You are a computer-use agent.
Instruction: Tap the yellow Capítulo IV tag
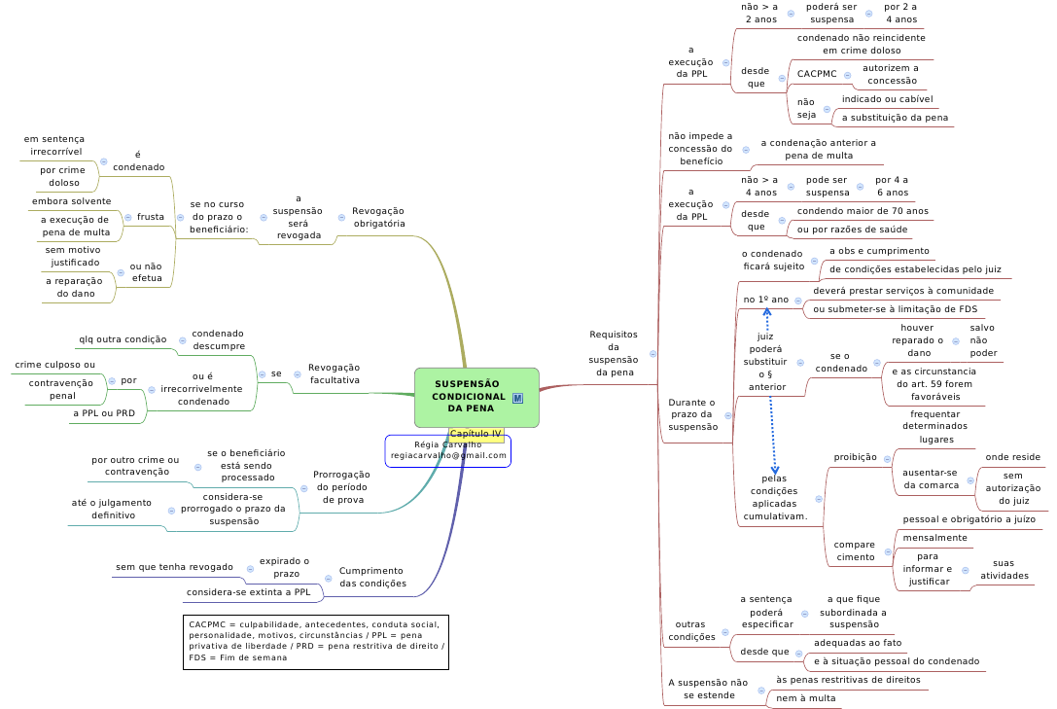click(x=476, y=434)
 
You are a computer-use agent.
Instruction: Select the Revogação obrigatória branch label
click(x=378, y=217)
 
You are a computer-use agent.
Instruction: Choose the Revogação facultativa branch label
click(x=334, y=373)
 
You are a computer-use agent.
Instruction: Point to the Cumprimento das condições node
click(x=372, y=577)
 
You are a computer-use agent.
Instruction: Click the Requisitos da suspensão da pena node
click(x=614, y=353)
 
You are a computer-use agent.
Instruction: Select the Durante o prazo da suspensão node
click(x=692, y=414)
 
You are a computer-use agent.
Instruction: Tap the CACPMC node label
click(x=817, y=74)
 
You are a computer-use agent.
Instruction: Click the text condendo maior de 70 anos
click(x=863, y=211)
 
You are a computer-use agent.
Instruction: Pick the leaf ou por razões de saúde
click(x=852, y=230)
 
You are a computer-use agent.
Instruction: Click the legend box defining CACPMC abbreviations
click(x=316, y=641)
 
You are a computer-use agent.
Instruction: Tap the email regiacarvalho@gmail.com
click(x=448, y=455)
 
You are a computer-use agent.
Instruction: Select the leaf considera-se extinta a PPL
click(x=248, y=591)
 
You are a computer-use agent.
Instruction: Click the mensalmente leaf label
click(x=935, y=538)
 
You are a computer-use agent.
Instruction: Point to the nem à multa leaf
click(x=806, y=698)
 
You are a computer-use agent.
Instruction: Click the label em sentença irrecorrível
click(x=54, y=145)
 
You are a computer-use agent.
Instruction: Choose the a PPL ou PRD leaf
click(x=104, y=413)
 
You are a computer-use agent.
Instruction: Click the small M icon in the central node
click(x=517, y=397)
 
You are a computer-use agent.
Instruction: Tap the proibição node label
click(x=856, y=457)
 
